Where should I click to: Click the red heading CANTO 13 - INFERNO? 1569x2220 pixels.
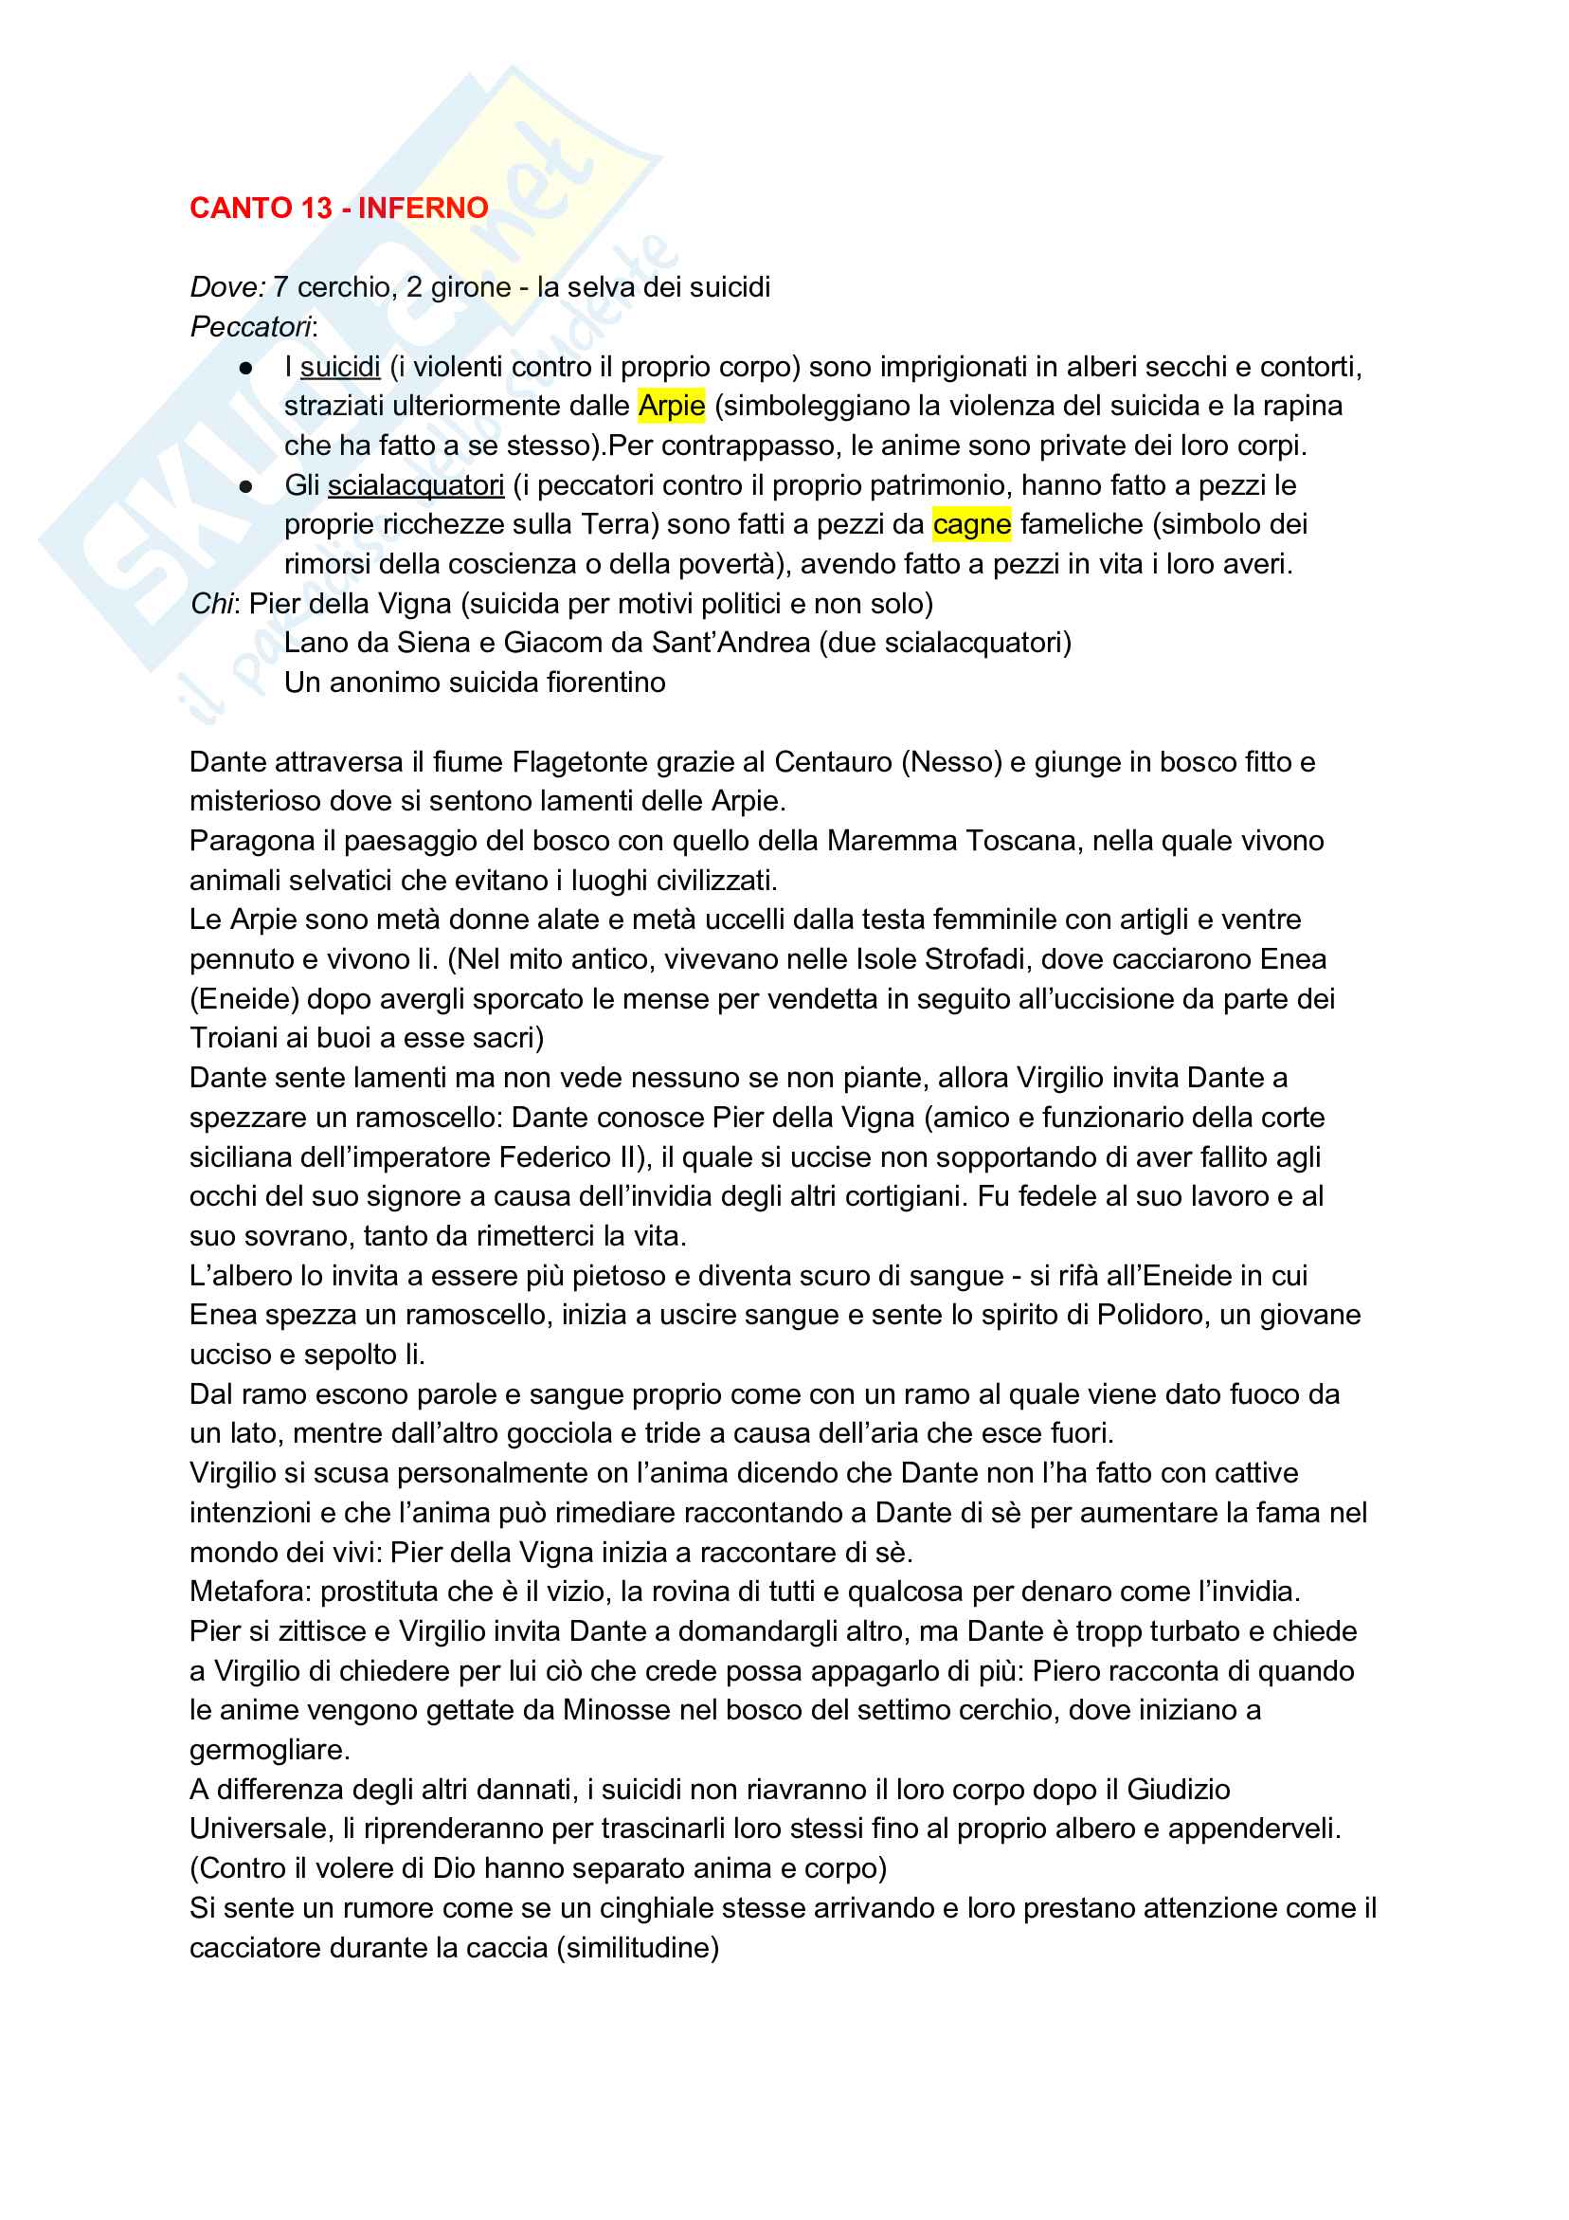[338, 208]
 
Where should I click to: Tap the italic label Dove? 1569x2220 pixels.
[227, 287]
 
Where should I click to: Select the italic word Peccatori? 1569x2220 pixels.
[250, 327]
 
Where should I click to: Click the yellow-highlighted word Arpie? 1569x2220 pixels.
[671, 406]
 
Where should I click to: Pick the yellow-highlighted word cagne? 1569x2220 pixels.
[971, 524]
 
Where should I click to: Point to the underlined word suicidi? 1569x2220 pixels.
[340, 368]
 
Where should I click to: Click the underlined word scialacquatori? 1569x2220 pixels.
[416, 485]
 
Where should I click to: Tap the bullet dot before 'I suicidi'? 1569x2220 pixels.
[246, 369]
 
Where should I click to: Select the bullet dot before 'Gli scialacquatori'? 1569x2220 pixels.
[246, 486]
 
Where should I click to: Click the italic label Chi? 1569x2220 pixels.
[210, 605]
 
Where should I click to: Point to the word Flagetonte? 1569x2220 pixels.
[579, 762]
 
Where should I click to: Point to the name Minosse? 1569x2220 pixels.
[617, 1710]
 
